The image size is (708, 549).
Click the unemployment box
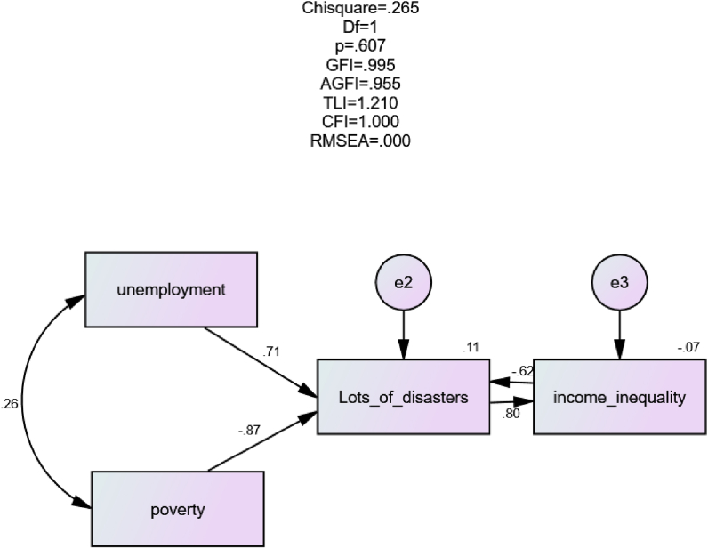(x=170, y=289)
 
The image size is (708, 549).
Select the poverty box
(x=178, y=508)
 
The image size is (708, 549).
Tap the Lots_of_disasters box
(x=404, y=397)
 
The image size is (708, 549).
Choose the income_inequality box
(x=619, y=397)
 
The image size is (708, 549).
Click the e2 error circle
(x=404, y=283)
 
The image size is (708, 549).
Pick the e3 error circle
(x=619, y=283)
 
